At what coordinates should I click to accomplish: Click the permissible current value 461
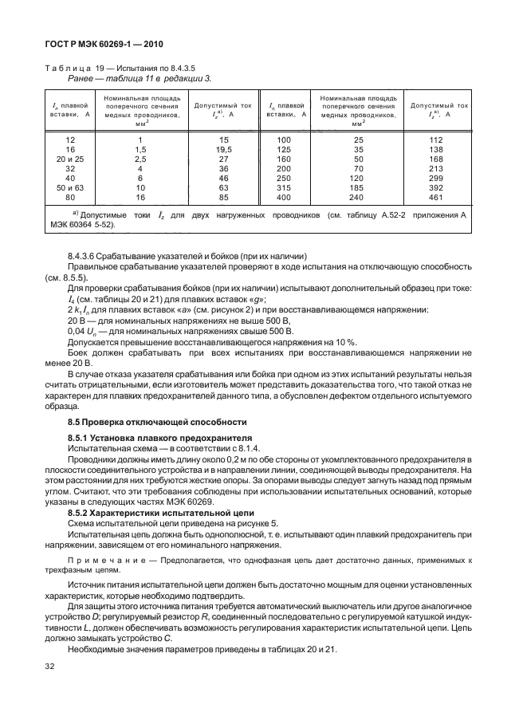[435, 196]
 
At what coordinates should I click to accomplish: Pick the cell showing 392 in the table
[435, 187]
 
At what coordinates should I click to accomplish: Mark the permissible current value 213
[435, 168]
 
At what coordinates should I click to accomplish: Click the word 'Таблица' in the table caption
[66, 69]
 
